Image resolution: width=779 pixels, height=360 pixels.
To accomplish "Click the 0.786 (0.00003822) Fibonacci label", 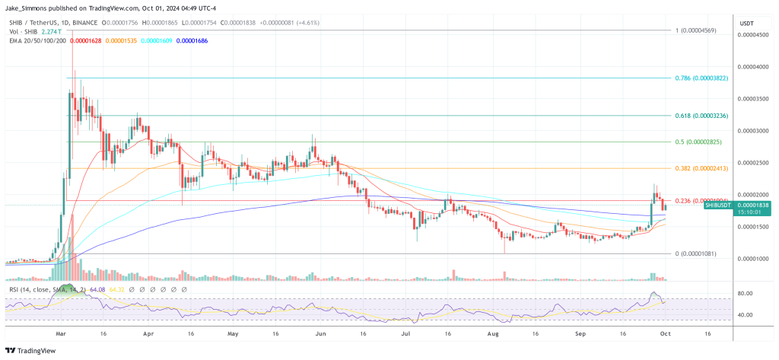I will (x=701, y=78).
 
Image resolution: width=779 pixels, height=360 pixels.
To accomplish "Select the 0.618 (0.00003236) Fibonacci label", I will (x=701, y=116).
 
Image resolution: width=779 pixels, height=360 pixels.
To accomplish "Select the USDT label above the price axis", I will (x=746, y=23).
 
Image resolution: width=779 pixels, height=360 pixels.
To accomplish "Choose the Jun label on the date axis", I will (x=320, y=332).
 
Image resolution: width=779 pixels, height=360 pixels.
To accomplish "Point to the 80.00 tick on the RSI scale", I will (x=745, y=294).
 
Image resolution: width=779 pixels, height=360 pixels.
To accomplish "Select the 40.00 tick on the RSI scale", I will (x=745, y=315).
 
